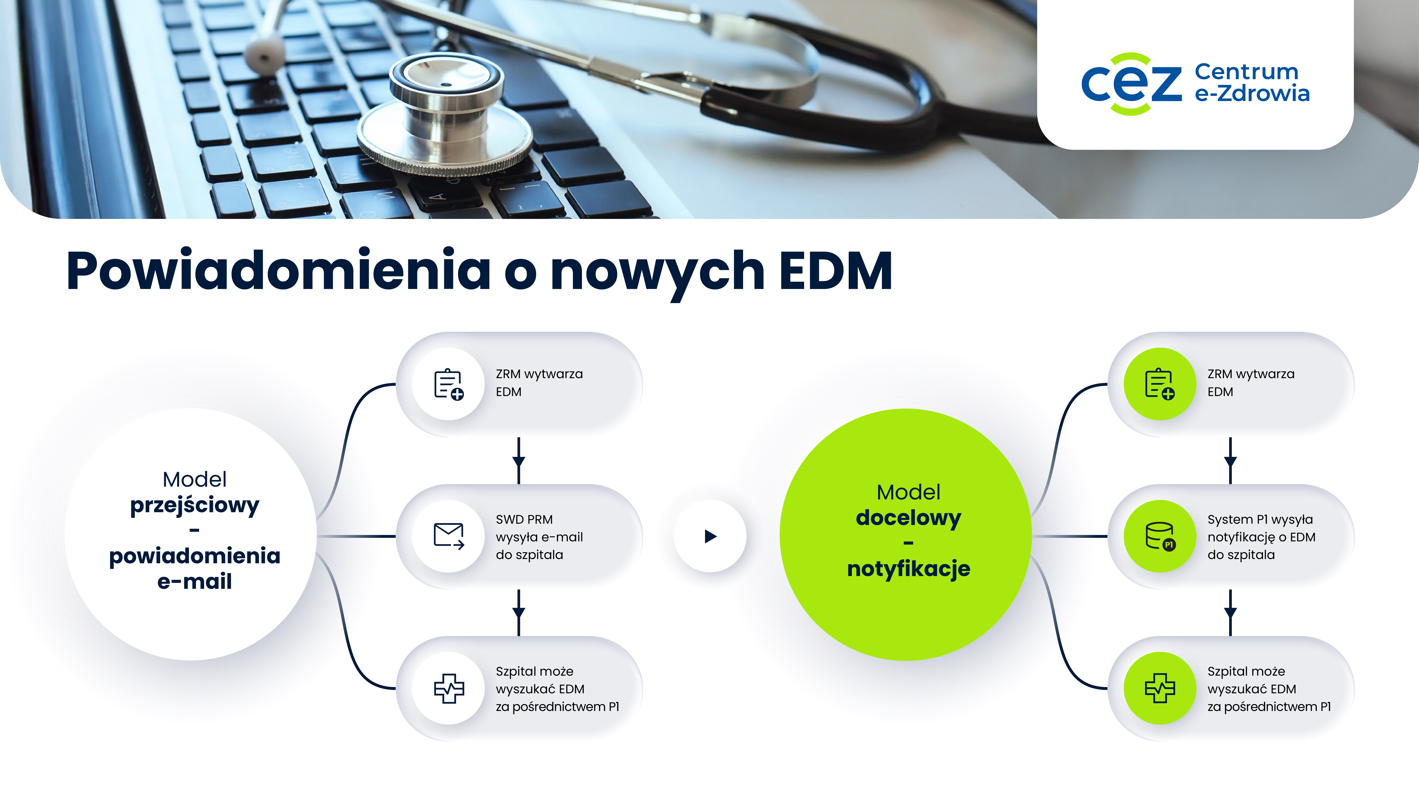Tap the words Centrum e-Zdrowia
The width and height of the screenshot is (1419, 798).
pyautogui.click(x=1251, y=83)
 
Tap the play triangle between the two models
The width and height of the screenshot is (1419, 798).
pyautogui.click(x=711, y=536)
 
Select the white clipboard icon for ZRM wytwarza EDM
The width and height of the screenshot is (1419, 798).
pyautogui.click(x=449, y=384)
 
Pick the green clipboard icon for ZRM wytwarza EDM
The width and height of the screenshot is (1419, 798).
pyautogui.click(x=1160, y=384)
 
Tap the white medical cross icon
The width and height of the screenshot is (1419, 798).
pyautogui.click(x=449, y=688)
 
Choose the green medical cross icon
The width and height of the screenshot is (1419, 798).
pyautogui.click(x=1160, y=688)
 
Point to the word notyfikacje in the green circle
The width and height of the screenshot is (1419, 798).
pyautogui.click(x=908, y=569)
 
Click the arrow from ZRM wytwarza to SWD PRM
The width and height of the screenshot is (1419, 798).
pyautogui.click(x=518, y=460)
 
